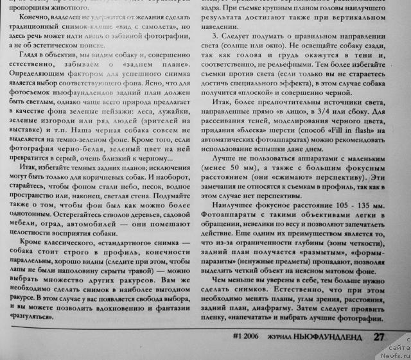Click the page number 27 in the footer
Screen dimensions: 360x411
click(380, 337)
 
